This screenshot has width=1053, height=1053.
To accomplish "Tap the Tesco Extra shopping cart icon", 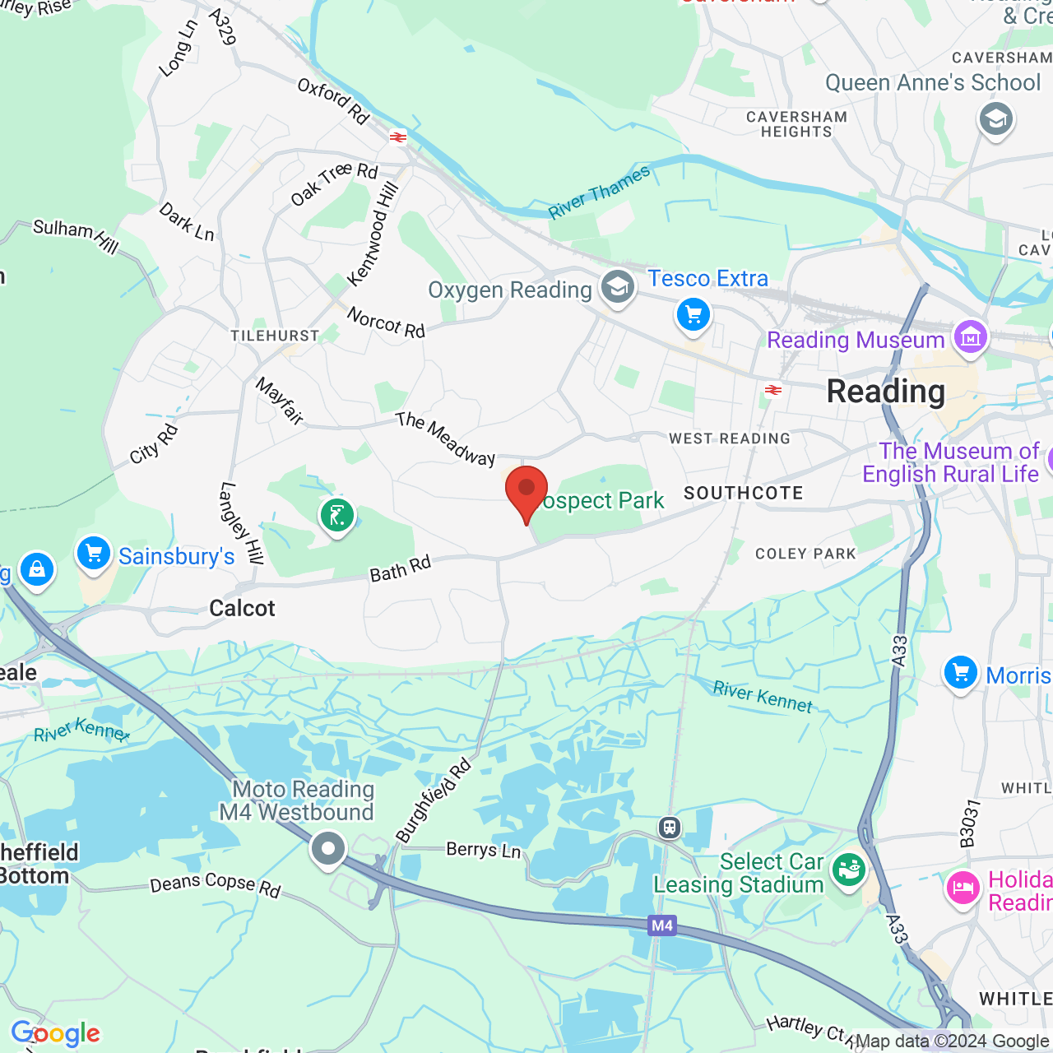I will click(x=693, y=315).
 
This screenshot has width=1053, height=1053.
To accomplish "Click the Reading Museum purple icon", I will click(x=971, y=337).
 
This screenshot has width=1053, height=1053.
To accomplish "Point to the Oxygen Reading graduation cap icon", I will click(x=617, y=288).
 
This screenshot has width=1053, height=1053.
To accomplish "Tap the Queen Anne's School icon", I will click(x=995, y=120).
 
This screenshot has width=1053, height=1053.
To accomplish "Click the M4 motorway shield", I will click(x=662, y=925).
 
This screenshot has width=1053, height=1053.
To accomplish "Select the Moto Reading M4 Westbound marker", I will click(x=327, y=849).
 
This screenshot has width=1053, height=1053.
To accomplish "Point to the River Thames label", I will click(x=600, y=193).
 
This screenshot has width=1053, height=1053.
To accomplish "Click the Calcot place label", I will click(x=242, y=608).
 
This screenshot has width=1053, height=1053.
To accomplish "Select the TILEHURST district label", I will click(x=275, y=336).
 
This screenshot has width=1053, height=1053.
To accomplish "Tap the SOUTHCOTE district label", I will click(x=744, y=493).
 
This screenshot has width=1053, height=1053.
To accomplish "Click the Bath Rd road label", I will click(x=401, y=569).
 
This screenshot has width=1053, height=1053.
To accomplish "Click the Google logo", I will click(x=56, y=1033).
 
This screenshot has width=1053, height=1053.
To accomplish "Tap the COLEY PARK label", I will click(x=805, y=554).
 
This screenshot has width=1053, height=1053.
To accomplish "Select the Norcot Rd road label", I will click(x=386, y=322).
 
